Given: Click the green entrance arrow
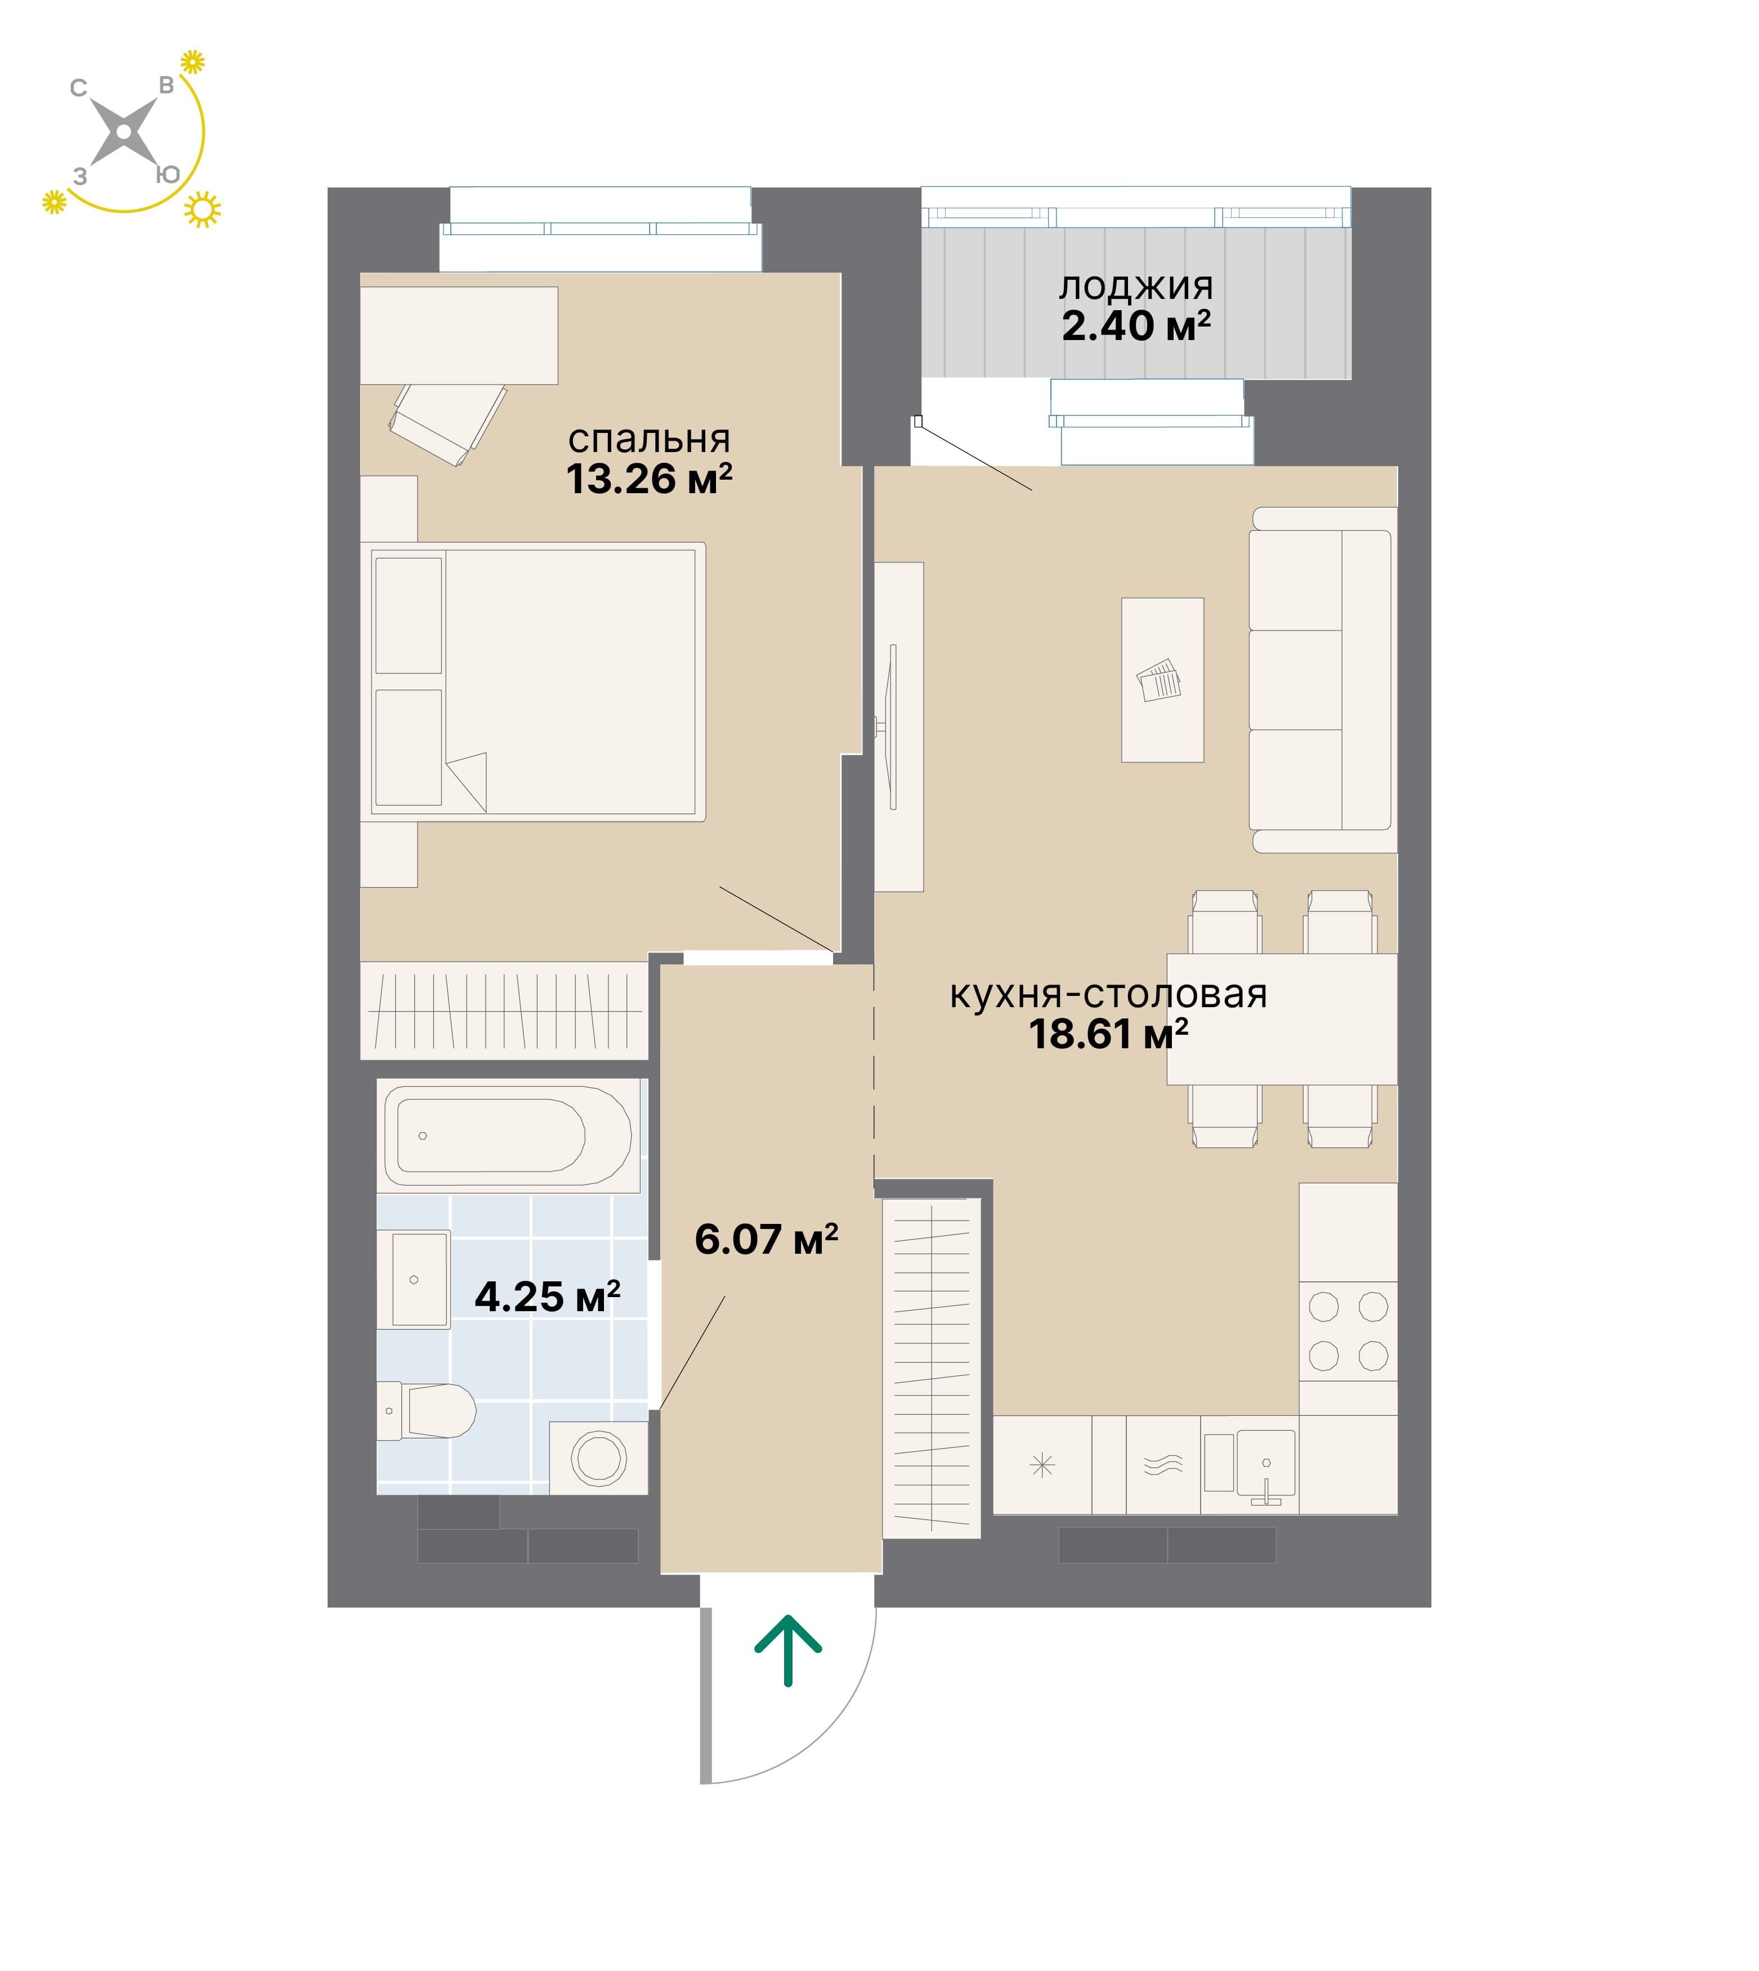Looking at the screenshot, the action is [x=787, y=1651].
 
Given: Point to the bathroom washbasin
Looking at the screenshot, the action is [x=414, y=1279].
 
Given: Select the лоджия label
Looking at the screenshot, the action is [x=1136, y=287].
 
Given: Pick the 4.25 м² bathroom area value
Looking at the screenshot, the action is [x=547, y=1297].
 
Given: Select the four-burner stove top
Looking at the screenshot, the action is [x=1348, y=1331].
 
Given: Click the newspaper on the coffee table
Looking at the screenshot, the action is [x=1159, y=681].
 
